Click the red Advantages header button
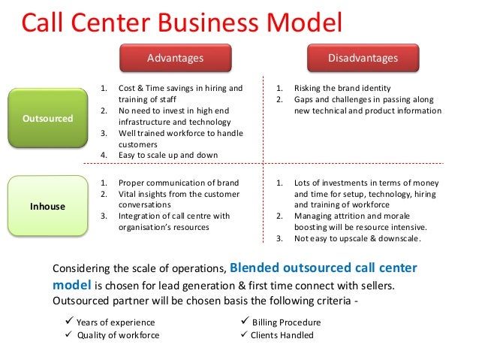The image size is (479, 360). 174,58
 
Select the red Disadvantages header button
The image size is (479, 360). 363,58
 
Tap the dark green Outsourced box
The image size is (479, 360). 47,119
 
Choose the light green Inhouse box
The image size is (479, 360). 47,205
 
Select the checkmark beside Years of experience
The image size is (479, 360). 70,322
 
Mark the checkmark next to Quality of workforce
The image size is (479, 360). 70,334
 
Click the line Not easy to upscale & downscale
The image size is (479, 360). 357,239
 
